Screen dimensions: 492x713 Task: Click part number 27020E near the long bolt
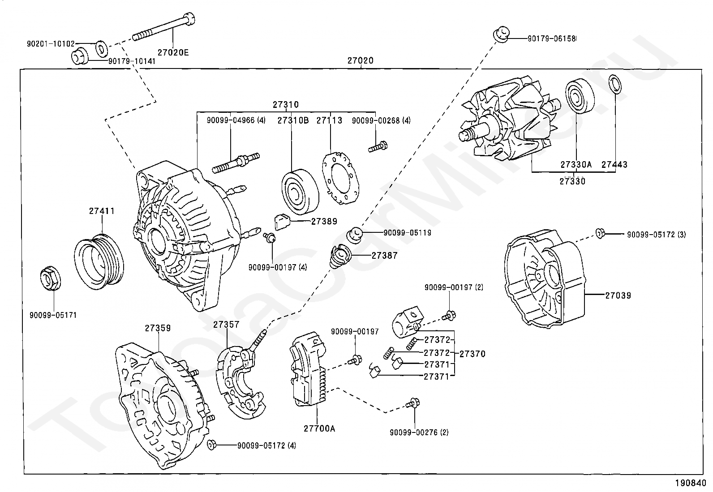click(x=173, y=52)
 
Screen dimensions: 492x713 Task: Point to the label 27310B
click(x=293, y=120)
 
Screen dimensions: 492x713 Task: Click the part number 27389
click(x=324, y=221)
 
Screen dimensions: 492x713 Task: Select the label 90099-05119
click(x=407, y=233)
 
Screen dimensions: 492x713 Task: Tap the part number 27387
click(x=384, y=256)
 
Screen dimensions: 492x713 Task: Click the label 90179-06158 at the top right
click(x=551, y=39)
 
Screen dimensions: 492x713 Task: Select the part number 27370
click(x=472, y=354)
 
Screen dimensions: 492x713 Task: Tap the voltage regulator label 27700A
click(x=319, y=428)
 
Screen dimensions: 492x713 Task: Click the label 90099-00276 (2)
click(x=419, y=432)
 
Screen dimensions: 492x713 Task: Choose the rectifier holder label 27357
click(x=226, y=325)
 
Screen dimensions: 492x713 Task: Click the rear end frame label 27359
click(x=158, y=328)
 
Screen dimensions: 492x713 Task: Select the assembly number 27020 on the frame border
click(x=361, y=60)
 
